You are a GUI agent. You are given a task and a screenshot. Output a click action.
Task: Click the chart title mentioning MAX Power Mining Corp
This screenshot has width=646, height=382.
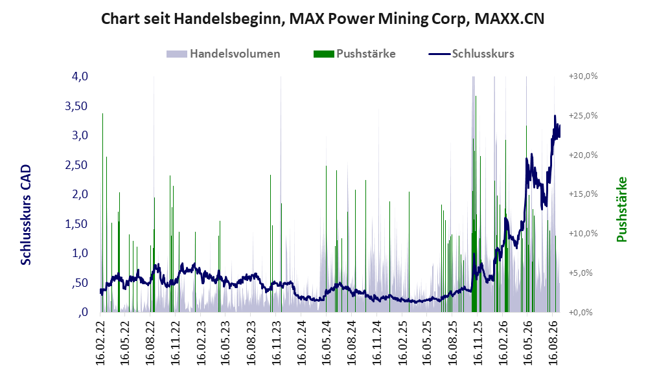tap(323, 19)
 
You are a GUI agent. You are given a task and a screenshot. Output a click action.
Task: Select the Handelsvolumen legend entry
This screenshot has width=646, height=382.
tap(224, 54)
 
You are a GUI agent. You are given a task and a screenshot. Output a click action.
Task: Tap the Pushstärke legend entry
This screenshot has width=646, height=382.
tap(354, 54)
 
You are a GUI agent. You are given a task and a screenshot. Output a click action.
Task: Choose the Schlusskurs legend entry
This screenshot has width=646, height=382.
tap(471, 54)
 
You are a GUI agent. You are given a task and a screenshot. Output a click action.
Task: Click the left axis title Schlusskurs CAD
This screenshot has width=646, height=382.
tap(26, 215)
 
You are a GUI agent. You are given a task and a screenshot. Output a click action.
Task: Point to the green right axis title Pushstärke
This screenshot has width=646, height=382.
tap(621, 210)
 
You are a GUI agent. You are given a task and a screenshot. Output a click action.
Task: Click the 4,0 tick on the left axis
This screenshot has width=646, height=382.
tap(80, 76)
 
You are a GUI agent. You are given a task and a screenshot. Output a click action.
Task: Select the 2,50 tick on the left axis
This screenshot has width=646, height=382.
tap(76, 165)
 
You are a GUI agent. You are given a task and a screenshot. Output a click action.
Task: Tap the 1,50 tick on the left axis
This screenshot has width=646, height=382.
tap(76, 224)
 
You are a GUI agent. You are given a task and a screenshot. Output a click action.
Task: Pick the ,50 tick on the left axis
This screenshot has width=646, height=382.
tap(80, 283)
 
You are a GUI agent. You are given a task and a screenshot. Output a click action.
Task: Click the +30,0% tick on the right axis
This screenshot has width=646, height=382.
tap(583, 76)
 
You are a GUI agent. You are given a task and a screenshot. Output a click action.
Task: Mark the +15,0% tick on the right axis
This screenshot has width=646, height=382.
tap(583, 194)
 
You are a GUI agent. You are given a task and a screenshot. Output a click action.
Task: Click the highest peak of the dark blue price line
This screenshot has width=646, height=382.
tap(555, 116)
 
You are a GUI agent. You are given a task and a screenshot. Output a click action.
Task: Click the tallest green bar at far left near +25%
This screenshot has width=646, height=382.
tap(102, 212)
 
